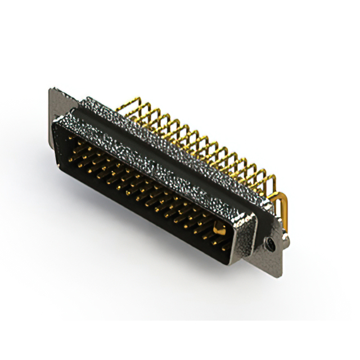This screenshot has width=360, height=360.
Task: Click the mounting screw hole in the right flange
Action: tap(271, 244)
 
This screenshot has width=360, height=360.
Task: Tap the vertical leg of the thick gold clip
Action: tap(285, 217)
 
